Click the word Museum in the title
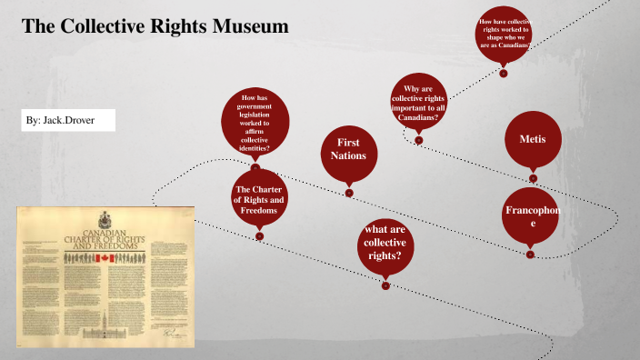point(248,26)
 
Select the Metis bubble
point(533,139)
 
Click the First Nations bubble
point(348,150)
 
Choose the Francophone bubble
point(532,217)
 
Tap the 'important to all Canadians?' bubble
point(418,103)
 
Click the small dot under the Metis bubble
point(533,178)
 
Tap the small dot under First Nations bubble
point(348,192)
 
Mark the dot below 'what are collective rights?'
point(385,285)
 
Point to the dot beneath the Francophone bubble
point(531,254)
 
